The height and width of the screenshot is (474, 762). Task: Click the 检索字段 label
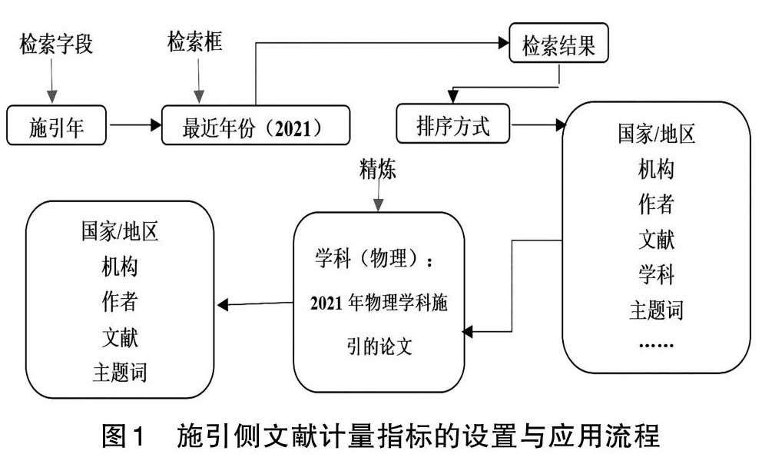click(x=56, y=44)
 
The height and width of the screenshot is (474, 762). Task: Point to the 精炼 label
click(x=377, y=169)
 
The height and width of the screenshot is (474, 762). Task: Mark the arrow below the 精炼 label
click(x=377, y=197)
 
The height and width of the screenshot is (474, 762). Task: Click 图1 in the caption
click(x=123, y=437)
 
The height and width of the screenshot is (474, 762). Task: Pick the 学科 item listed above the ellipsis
click(x=656, y=273)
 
